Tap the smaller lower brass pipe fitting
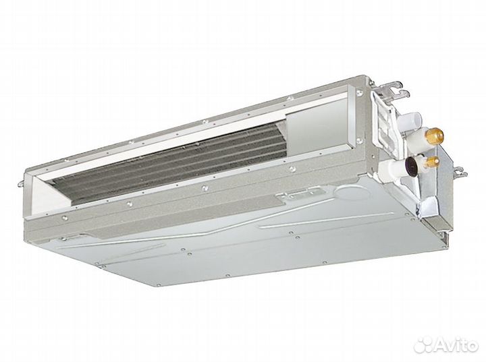click(x=435, y=161)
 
